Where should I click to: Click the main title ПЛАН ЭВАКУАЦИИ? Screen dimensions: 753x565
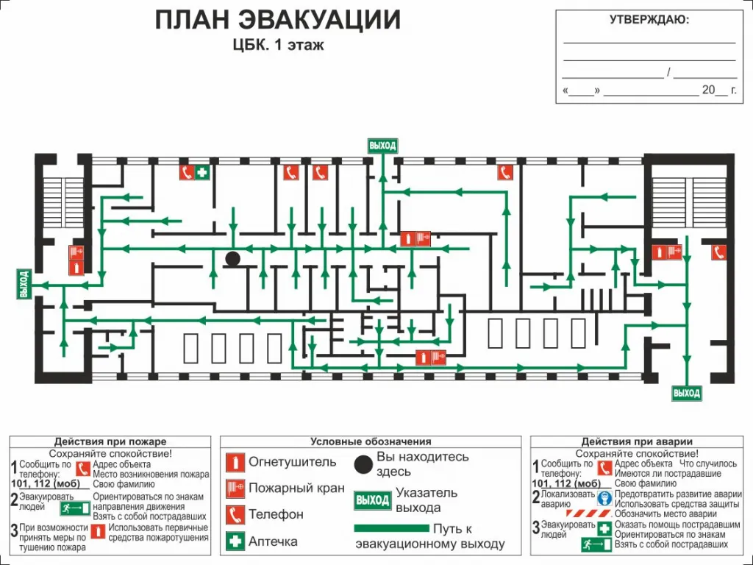click(277, 20)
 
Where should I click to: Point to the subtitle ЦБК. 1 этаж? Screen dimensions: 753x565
click(278, 45)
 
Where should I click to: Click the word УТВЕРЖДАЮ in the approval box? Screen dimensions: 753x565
click(649, 20)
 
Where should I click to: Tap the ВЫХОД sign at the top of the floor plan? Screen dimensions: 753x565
click(382, 146)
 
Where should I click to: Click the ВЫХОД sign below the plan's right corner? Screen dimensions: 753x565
click(687, 393)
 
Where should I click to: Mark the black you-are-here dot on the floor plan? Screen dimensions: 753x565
click(232, 259)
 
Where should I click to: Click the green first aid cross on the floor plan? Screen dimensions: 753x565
click(202, 172)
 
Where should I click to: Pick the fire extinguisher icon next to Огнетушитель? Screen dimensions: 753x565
click(235, 463)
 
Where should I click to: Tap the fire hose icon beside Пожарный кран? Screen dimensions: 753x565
click(235, 488)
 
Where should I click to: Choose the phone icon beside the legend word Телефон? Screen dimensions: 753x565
click(235, 514)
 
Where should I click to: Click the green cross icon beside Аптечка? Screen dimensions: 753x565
click(235, 541)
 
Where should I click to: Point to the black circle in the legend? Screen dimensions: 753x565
click(363, 463)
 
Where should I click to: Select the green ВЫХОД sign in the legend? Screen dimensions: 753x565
click(372, 500)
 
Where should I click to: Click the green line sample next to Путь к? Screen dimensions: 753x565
click(391, 528)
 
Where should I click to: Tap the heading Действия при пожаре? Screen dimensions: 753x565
click(110, 441)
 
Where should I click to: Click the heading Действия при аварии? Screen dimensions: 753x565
click(637, 441)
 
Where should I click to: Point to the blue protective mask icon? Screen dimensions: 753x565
click(604, 498)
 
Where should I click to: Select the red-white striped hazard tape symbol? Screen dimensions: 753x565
click(588, 514)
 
